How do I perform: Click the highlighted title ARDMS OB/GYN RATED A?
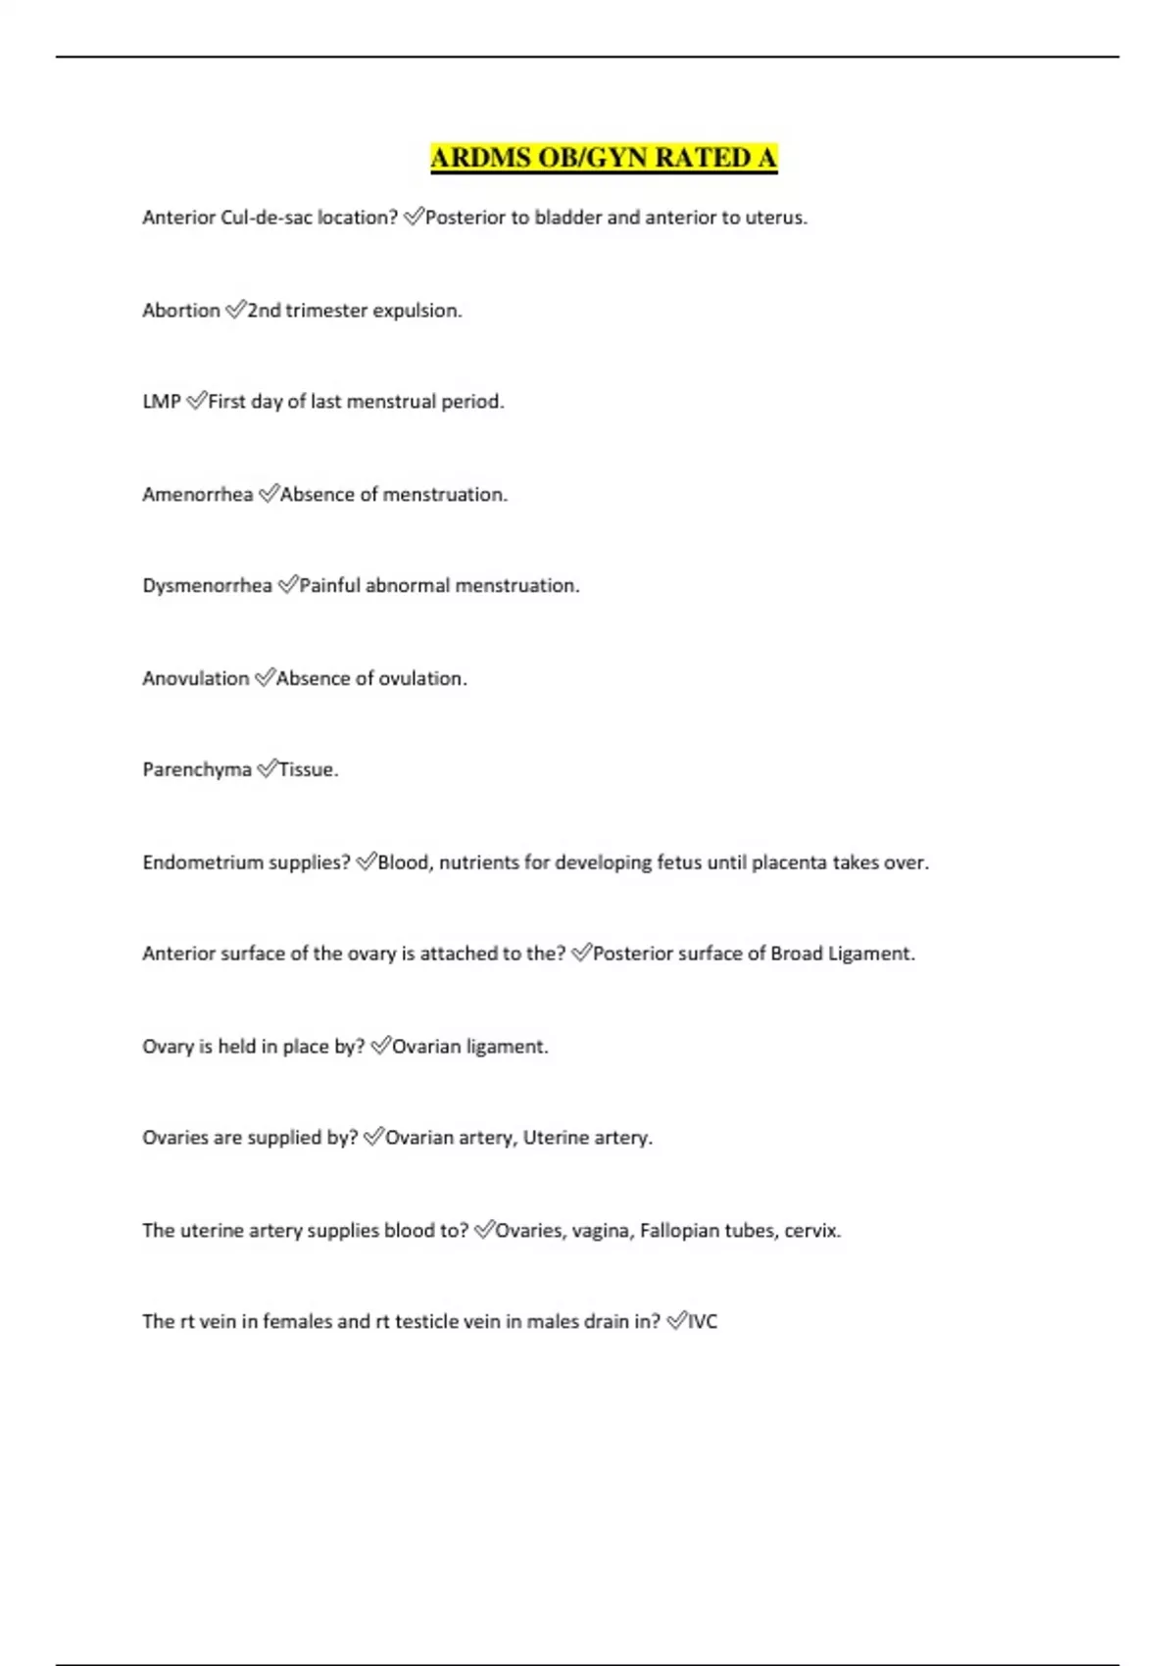[x=604, y=158]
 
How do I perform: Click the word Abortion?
[x=181, y=311]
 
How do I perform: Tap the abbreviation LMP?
[x=162, y=402]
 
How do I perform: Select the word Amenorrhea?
[x=197, y=495]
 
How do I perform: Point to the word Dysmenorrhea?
[x=207, y=586]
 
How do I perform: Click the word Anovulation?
[x=195, y=678]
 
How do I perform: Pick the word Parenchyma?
[x=196, y=770]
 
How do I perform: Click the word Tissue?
[x=308, y=770]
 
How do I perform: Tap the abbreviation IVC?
[x=703, y=1322]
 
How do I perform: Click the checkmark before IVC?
[x=676, y=1321]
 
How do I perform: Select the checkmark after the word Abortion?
[x=235, y=310]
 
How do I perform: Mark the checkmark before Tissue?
[x=267, y=769]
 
